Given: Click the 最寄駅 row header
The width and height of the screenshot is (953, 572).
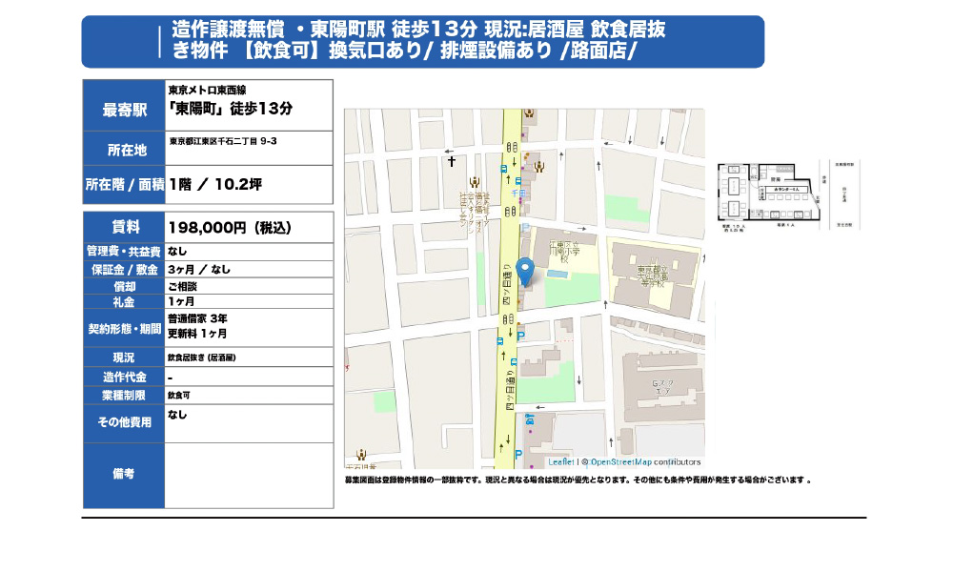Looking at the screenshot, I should (124, 110).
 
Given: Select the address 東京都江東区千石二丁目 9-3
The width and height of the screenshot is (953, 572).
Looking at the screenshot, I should (223, 141).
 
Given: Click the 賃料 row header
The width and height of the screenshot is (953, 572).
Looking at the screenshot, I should (124, 227).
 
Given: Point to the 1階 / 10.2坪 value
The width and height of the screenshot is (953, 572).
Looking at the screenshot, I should (215, 185).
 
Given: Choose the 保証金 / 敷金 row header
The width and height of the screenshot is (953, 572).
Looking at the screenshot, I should (124, 269).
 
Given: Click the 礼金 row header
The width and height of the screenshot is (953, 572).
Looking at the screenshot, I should (124, 301).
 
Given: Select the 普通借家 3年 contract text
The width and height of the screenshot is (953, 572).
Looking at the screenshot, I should (197, 317).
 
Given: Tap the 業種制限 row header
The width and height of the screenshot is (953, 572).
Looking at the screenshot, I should (124, 395).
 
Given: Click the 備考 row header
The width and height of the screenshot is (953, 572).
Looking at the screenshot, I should (124, 474).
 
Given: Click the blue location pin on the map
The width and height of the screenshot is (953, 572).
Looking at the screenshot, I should (524, 271).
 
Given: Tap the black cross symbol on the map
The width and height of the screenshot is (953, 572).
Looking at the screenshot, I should (452, 161).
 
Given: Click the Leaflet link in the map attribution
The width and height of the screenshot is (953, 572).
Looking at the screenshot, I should (561, 461).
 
